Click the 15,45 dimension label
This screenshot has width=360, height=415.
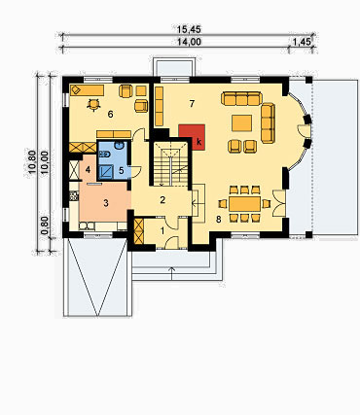point(189,29)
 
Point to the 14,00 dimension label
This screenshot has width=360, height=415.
point(189,42)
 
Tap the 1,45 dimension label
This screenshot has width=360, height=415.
point(302,42)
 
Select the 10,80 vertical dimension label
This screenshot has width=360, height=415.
point(32,161)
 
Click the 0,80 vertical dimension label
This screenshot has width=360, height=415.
point(45,225)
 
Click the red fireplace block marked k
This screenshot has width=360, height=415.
point(192,137)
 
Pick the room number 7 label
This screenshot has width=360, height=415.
point(192,104)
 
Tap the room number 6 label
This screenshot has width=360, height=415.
point(111,114)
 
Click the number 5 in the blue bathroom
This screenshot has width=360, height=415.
point(121,170)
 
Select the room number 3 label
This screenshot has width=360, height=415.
point(106,203)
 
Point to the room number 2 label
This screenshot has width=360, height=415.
point(162,200)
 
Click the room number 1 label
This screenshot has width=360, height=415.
point(162,231)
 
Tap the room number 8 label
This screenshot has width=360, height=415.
point(219,220)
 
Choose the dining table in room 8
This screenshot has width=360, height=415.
point(245,203)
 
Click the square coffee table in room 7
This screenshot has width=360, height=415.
point(241,123)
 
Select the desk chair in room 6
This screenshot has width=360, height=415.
point(94,104)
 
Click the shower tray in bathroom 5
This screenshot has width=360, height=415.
point(106,172)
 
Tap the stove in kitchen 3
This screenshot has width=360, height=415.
point(74,195)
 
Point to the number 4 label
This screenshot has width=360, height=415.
point(89,169)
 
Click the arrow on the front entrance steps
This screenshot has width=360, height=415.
point(172,273)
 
